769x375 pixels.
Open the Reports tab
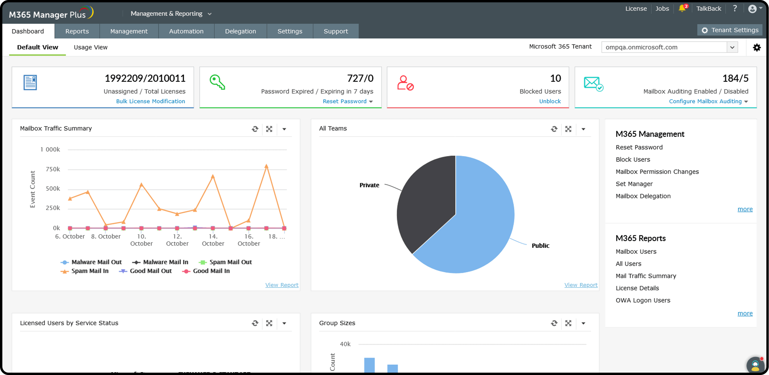coord(77,31)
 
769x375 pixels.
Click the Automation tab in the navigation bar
coord(186,31)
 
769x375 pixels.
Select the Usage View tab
coord(90,47)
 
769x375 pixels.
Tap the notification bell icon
coord(682,8)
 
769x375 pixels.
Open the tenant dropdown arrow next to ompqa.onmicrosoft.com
coord(732,47)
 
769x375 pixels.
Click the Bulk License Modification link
coord(150,101)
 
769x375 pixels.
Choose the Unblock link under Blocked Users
coord(549,101)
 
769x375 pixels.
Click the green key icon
coord(217,82)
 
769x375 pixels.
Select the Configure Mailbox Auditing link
coord(705,101)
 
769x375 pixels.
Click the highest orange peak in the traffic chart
coord(266,166)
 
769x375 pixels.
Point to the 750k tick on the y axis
coord(53,169)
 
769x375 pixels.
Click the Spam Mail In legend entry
coord(90,271)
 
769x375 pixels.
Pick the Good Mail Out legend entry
coord(150,271)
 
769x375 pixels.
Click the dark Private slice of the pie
coord(427,203)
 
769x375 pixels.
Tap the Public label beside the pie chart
coord(540,245)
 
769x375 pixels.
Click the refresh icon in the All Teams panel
coord(554,129)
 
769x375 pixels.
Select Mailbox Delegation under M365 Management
coord(643,196)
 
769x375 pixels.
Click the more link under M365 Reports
coord(745,313)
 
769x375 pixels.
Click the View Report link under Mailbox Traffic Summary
coord(282,285)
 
